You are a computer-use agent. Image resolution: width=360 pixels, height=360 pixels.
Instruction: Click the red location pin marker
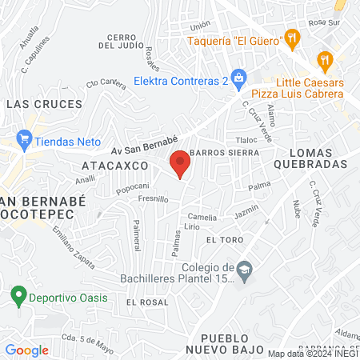click(x=181, y=162)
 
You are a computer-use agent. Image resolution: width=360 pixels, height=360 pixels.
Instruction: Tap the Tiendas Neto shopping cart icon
click(x=25, y=138)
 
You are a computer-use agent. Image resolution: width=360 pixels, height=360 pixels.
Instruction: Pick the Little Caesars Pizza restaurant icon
click(x=324, y=58)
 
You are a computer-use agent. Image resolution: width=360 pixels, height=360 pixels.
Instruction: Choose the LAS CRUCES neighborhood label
click(x=43, y=104)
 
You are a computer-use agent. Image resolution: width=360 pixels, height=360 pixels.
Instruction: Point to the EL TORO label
click(x=222, y=239)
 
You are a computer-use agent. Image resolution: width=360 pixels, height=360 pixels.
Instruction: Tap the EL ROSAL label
click(x=147, y=302)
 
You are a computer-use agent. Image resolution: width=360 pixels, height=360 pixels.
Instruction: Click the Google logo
click(x=26, y=350)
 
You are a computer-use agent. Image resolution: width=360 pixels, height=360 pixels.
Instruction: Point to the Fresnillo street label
click(x=153, y=198)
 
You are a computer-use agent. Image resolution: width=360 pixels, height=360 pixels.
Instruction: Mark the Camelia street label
click(x=202, y=217)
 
